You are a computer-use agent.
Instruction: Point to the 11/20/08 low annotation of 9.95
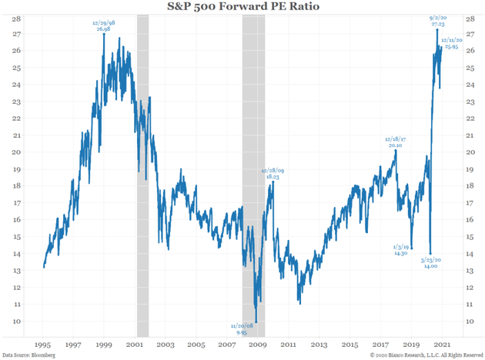(x=246, y=330)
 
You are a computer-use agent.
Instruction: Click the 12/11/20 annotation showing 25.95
(x=452, y=42)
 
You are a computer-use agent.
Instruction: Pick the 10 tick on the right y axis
(x=469, y=321)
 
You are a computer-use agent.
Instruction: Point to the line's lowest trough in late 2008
(x=256, y=321)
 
